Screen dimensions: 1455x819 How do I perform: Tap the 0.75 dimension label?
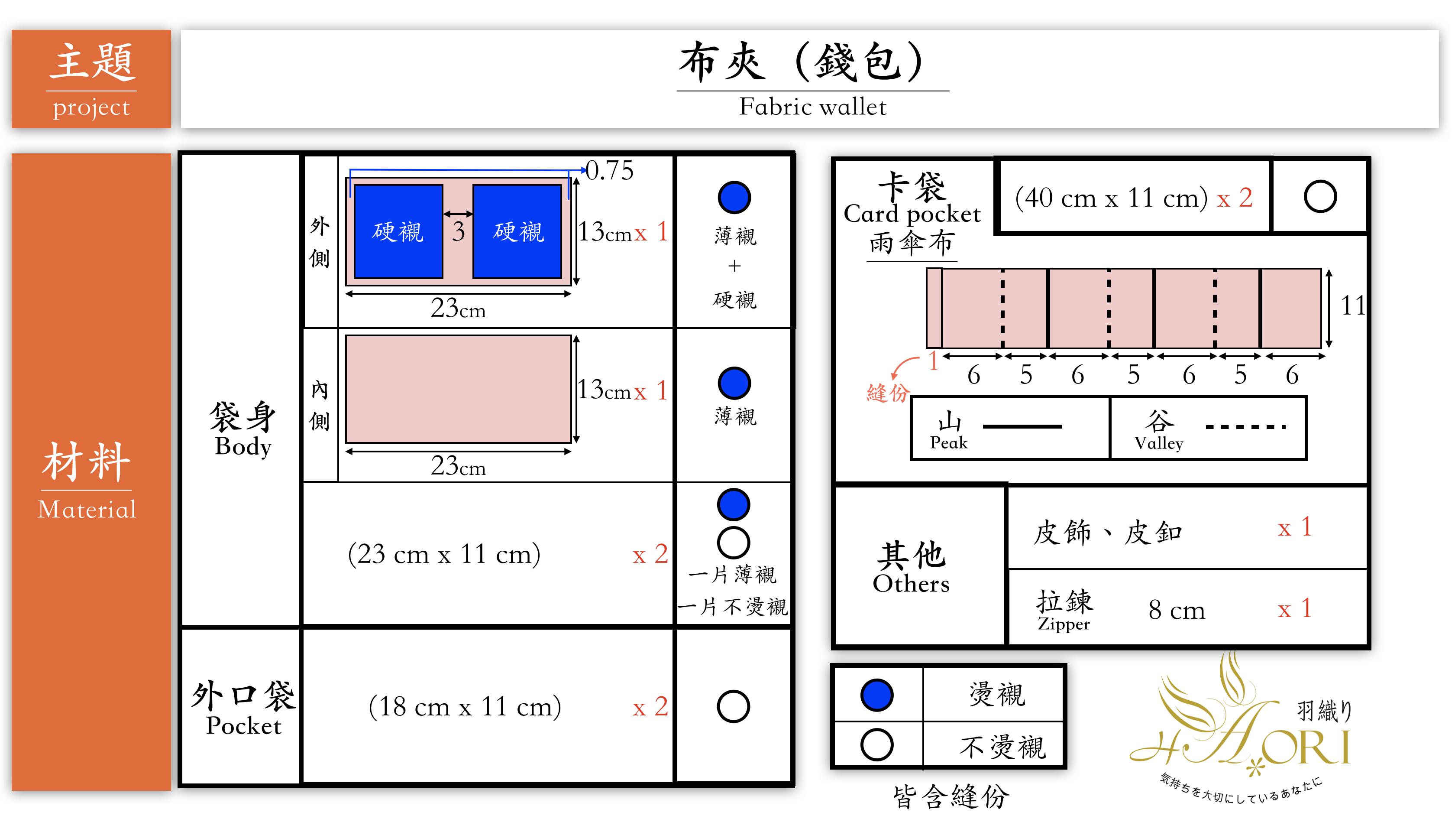609,170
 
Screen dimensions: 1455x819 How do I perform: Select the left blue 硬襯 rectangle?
398,231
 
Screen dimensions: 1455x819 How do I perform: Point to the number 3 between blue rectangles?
458,231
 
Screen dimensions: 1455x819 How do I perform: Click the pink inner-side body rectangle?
458,389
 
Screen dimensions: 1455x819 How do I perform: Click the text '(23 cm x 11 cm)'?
444,554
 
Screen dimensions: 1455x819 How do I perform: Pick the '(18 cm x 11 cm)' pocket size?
465,706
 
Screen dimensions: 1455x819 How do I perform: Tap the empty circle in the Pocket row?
733,706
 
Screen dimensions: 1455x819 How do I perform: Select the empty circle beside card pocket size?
1320,197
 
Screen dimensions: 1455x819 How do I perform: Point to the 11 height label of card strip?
1353,306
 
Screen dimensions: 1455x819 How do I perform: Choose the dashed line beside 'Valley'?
1245,427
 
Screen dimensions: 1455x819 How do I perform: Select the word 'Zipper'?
1064,624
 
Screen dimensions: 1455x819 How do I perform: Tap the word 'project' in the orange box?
91,107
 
